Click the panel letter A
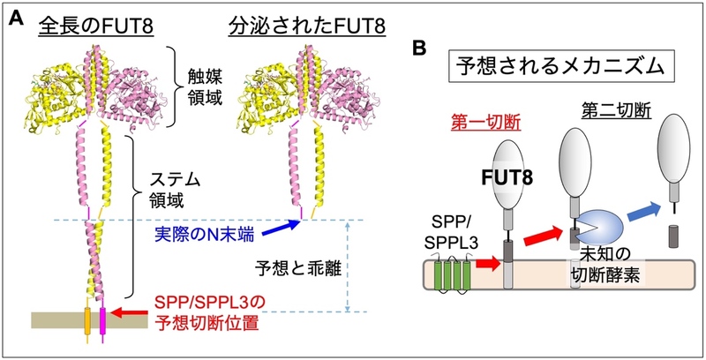(15, 18)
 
